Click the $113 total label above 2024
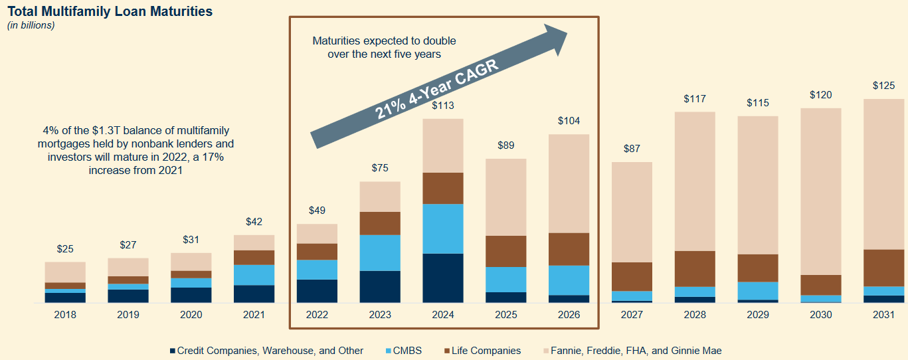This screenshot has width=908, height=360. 442,105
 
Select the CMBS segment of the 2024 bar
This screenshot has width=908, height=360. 442,228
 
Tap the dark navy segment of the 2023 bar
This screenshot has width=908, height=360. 380,286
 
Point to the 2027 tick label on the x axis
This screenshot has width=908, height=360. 631,315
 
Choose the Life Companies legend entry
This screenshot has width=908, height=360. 481,351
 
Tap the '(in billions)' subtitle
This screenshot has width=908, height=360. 31,25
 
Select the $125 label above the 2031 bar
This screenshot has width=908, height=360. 883,86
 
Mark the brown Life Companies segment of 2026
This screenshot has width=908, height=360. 569,249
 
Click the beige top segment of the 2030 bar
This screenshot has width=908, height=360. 820,191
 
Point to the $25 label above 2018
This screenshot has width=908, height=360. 65,249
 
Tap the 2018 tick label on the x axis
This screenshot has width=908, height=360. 65,315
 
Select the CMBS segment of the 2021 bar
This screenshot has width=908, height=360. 254,275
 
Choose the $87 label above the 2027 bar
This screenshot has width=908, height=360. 631,149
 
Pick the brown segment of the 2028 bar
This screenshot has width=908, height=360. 695,268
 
